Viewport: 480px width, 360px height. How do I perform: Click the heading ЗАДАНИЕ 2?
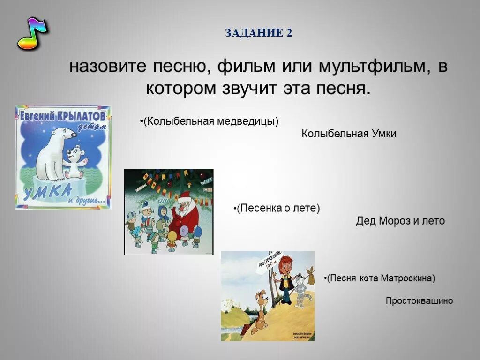coord(258,33)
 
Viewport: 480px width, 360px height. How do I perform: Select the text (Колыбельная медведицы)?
coord(210,121)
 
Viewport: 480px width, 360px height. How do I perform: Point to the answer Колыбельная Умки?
coord(349,134)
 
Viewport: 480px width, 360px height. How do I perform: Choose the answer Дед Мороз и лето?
coord(400,221)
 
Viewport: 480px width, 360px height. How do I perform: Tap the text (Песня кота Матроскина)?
coord(380,278)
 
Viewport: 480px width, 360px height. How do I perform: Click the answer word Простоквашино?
coord(420,301)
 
